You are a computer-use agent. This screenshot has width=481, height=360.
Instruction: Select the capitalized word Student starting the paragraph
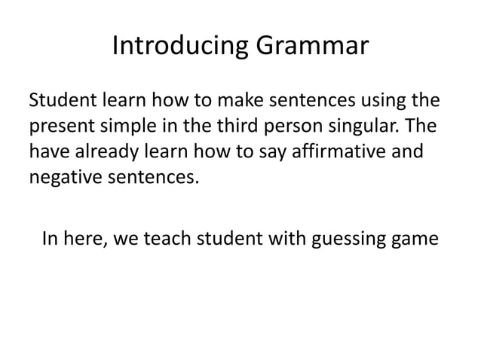[x=62, y=99]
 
